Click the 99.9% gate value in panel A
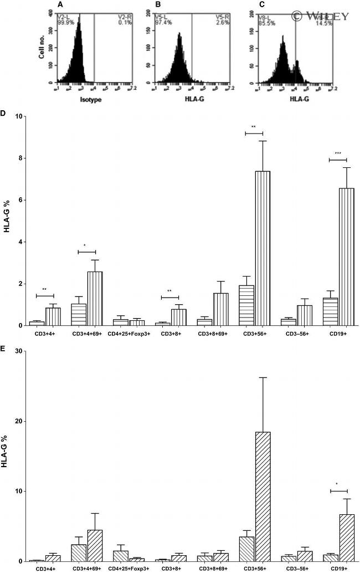tap(65, 23)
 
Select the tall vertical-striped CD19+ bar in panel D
tap(346, 257)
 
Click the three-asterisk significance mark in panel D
tap(337, 154)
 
